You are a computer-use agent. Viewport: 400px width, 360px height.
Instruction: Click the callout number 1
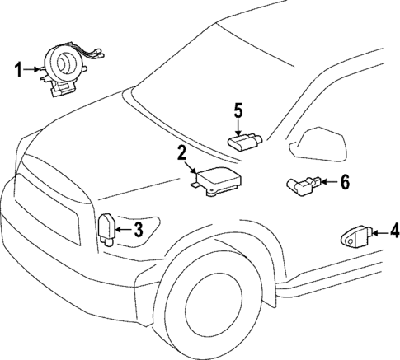[x=18, y=71]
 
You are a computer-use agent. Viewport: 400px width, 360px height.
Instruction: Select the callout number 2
[x=181, y=152]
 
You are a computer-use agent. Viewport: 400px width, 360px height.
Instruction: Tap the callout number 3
[x=139, y=230]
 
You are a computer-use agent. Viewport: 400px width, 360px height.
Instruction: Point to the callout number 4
[x=394, y=231]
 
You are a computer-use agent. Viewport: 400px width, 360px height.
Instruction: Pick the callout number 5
[x=238, y=109]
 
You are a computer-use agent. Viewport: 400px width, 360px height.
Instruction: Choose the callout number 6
[x=345, y=182]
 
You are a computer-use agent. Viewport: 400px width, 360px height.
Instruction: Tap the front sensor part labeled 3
[x=107, y=228]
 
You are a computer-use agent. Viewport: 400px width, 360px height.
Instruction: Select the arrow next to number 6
[x=327, y=182]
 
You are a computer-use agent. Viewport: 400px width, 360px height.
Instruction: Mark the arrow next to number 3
[x=124, y=230]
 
